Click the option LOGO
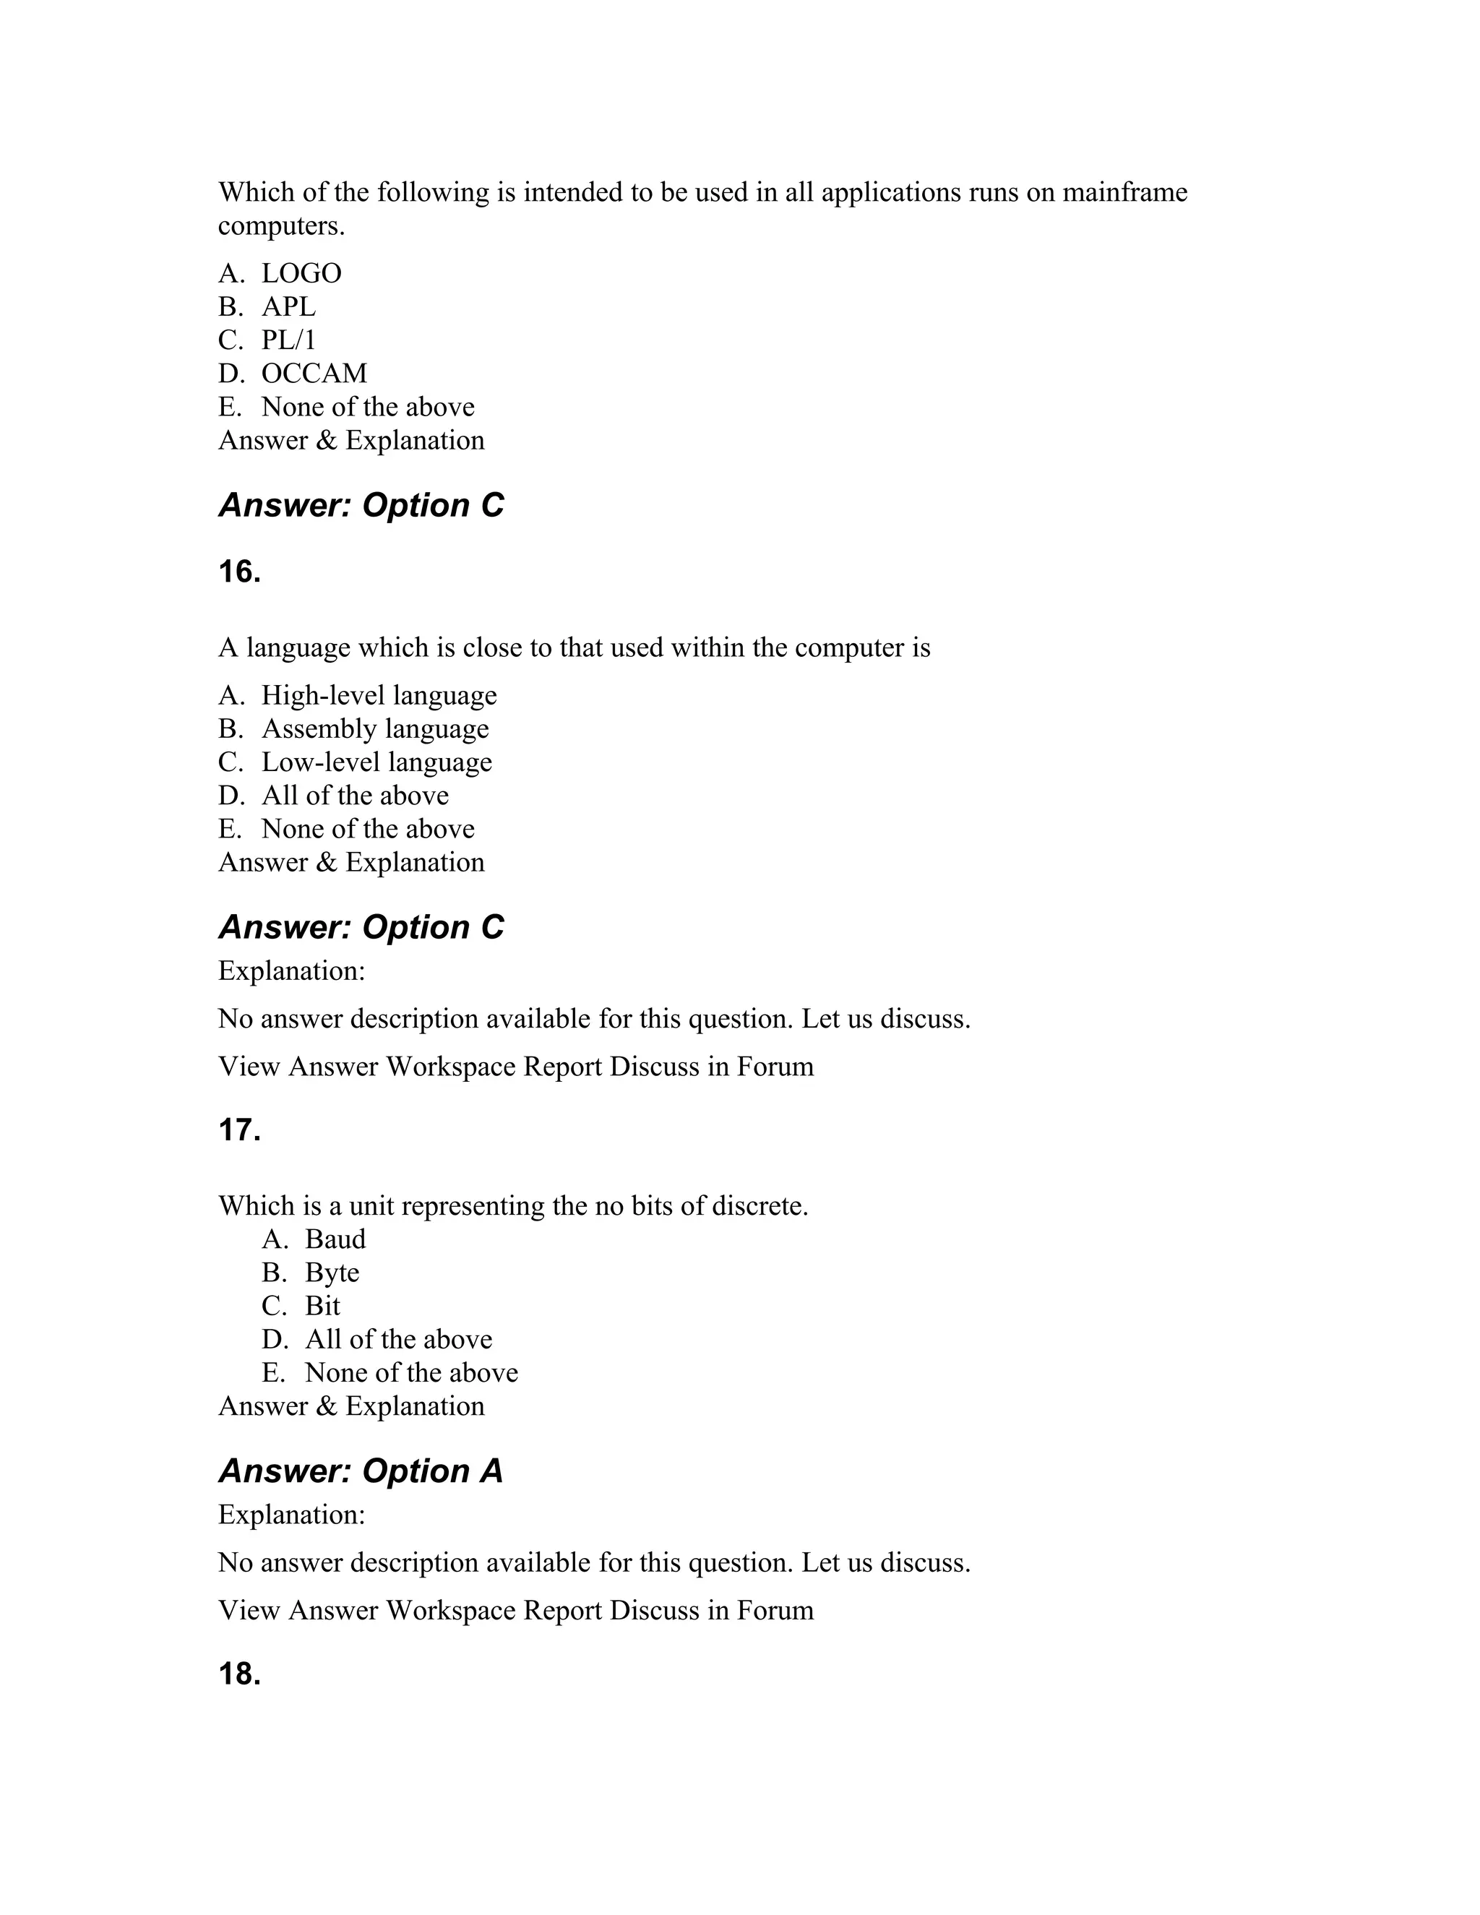click(301, 274)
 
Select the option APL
click(288, 307)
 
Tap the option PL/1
click(288, 340)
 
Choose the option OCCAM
click(314, 374)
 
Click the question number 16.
click(239, 572)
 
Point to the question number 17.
click(239, 1130)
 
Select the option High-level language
click(379, 695)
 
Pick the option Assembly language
click(374, 728)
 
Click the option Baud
click(335, 1239)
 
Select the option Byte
click(332, 1273)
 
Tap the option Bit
click(322, 1306)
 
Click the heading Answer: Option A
click(361, 1471)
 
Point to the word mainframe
click(1125, 192)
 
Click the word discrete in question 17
click(757, 1205)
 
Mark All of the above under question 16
click(354, 796)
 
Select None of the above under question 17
click(411, 1372)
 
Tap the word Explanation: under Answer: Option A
click(291, 1514)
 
